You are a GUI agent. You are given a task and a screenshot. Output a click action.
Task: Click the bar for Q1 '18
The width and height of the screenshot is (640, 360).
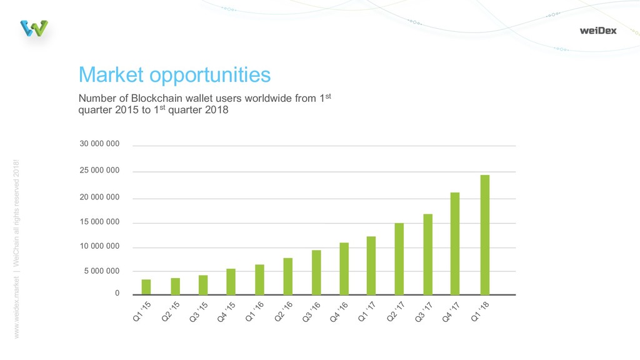[x=485, y=235]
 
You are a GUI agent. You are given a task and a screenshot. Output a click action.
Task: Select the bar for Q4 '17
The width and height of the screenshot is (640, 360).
[x=455, y=244]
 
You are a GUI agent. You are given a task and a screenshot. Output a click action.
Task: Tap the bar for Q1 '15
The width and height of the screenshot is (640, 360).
[x=146, y=287]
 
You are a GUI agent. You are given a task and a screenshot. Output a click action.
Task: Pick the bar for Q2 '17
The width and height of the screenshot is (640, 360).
[x=399, y=259]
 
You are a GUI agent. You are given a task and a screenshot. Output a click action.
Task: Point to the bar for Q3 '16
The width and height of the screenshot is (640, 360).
[x=316, y=272]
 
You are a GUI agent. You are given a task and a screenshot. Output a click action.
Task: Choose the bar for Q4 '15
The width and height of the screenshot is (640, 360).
[x=231, y=282]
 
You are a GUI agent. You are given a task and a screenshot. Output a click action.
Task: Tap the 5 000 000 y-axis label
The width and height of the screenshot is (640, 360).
[x=101, y=271]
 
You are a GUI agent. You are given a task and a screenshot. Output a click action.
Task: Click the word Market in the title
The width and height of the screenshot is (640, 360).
[x=109, y=75]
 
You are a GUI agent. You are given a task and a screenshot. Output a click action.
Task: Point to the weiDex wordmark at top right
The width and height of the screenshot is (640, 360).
[x=597, y=30]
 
